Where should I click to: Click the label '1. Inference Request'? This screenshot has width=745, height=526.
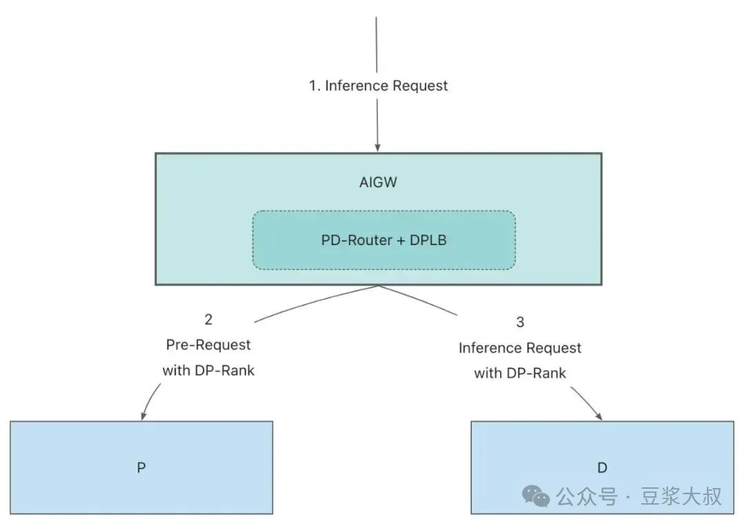coord(378,86)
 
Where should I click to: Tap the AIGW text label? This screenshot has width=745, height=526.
coord(378,182)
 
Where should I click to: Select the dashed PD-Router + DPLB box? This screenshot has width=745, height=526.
coord(384,240)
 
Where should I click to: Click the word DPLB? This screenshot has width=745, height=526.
coord(428,240)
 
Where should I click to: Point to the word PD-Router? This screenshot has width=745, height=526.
coord(357,240)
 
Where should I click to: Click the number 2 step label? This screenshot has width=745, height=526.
coord(208,320)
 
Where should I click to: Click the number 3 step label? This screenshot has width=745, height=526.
coord(520,322)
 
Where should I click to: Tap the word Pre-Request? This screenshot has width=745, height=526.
coord(208,345)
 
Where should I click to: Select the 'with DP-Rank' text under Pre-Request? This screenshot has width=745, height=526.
coord(208,371)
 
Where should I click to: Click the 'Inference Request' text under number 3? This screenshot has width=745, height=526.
coord(520,348)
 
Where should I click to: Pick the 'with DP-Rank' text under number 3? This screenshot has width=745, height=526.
coord(520,373)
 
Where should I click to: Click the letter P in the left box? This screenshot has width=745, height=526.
coord(141,468)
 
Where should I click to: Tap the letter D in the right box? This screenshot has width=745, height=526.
coord(602,468)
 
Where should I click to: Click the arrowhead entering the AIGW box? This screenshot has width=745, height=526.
coord(378,148)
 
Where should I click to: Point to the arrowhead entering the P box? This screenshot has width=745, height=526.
coord(143,415)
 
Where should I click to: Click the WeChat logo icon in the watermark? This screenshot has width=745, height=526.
coord(536,496)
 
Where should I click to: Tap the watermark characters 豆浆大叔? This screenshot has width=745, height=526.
coord(681,496)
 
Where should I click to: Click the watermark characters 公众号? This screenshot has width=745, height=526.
coord(587,497)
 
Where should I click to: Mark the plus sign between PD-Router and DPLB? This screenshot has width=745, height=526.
coord(401,241)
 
